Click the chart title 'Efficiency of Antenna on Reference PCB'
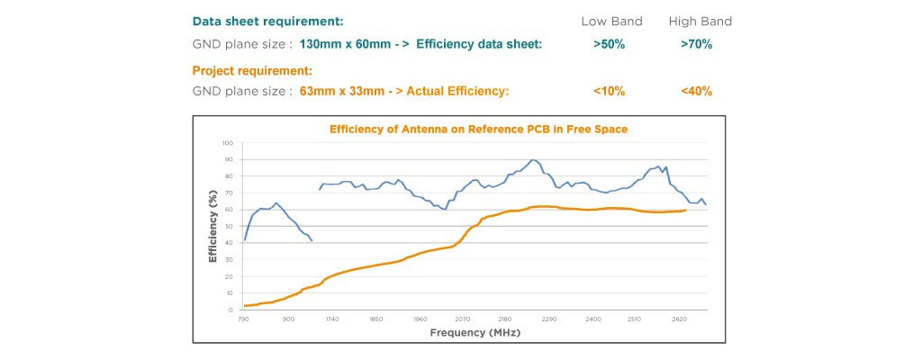(478, 129)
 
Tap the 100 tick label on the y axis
(228, 143)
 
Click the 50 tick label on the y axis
(229, 227)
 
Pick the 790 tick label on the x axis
(243, 319)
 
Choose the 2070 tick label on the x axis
(463, 319)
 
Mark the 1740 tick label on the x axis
(331, 319)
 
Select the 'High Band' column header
(701, 21)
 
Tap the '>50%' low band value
(610, 44)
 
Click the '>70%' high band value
(697, 44)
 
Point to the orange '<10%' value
(610, 91)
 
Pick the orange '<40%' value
(697, 91)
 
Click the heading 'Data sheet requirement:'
(267, 21)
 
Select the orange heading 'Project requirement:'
(252, 69)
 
